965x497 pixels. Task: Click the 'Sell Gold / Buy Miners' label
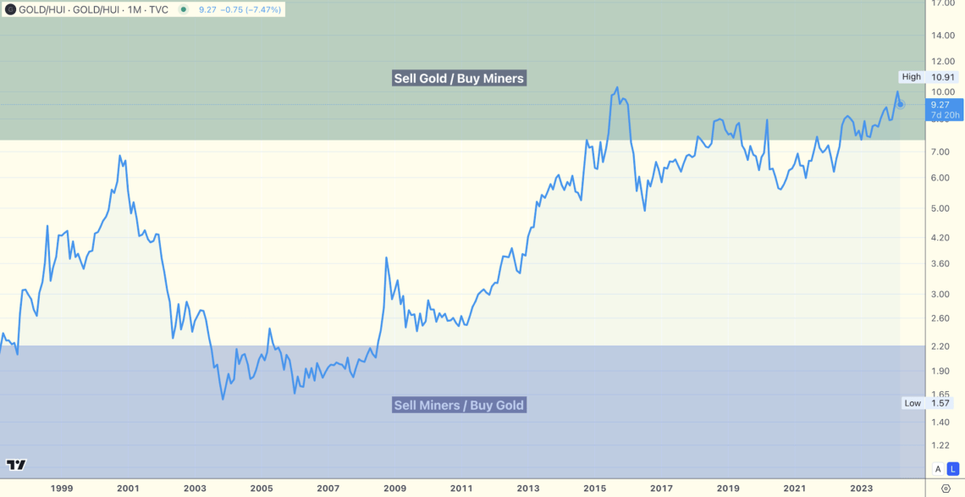pyautogui.click(x=459, y=79)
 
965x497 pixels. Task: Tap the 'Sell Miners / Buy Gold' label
pyautogui.click(x=459, y=405)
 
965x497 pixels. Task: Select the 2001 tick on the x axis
pyautogui.click(x=128, y=488)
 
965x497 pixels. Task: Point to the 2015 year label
pyautogui.click(x=594, y=488)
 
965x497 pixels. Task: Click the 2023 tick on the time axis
pyautogui.click(x=862, y=488)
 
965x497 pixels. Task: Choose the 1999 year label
pyautogui.click(x=61, y=488)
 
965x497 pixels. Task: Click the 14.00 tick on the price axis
pyautogui.click(x=943, y=36)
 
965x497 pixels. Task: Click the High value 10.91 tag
pyautogui.click(x=943, y=77)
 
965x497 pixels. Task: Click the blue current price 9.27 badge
pyautogui.click(x=941, y=109)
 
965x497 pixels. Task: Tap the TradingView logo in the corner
pyautogui.click(x=15, y=465)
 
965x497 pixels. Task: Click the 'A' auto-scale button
pyautogui.click(x=937, y=469)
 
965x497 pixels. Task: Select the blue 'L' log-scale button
pyautogui.click(x=951, y=469)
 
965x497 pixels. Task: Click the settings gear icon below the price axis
pyautogui.click(x=946, y=489)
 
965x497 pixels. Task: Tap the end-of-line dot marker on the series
pyautogui.click(x=901, y=104)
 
